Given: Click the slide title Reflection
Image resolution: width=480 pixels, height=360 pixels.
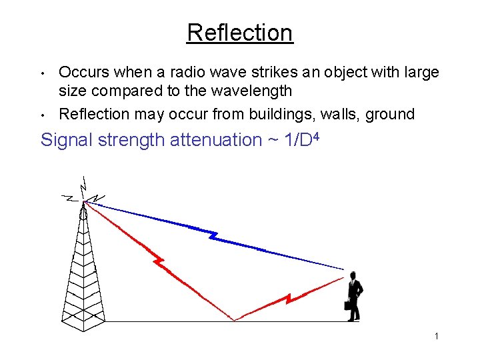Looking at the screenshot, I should [x=239, y=32].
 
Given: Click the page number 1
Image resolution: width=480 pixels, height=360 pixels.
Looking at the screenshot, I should [x=436, y=337].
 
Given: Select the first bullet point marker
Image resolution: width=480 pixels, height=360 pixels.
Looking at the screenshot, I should [x=43, y=73].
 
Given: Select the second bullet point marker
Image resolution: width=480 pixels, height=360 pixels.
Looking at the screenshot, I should [x=43, y=115].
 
